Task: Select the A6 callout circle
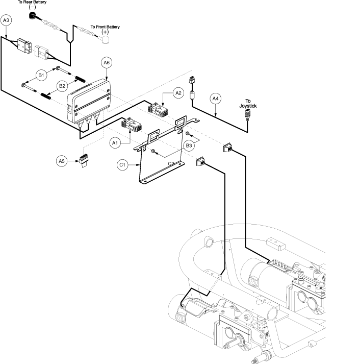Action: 106,62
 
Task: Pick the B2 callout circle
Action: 62,86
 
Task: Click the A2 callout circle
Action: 178,93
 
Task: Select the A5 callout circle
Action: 62,161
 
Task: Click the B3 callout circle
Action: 189,146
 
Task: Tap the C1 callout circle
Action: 122,165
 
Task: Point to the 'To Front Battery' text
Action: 105,27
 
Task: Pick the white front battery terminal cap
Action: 105,40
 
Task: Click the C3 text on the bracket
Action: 172,163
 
